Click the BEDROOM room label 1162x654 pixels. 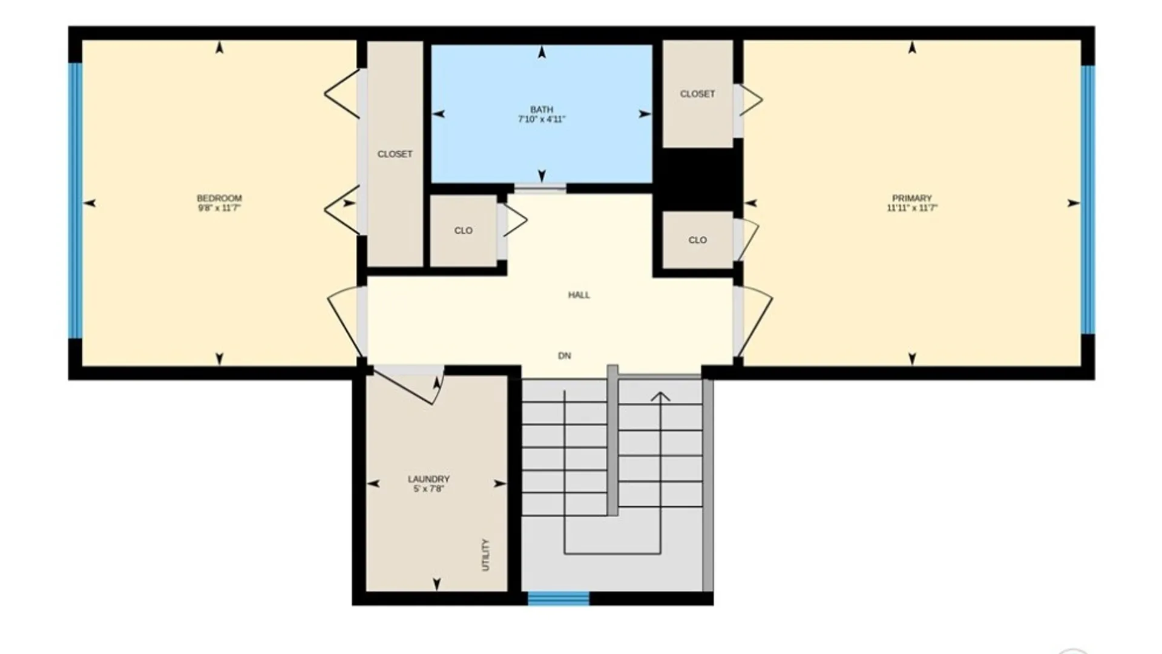pyautogui.click(x=219, y=198)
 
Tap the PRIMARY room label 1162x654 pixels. pyautogui.click(x=912, y=198)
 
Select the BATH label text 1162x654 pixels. pyautogui.click(x=542, y=110)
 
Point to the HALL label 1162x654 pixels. pyautogui.click(x=579, y=295)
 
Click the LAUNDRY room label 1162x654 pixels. pyautogui.click(x=428, y=479)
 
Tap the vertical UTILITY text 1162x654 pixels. pyautogui.click(x=485, y=555)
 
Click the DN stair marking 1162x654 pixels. pyautogui.click(x=564, y=355)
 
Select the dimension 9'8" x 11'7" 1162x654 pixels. pyautogui.click(x=219, y=208)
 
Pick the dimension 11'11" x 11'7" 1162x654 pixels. pyautogui.click(x=912, y=208)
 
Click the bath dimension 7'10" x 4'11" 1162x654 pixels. pyautogui.click(x=542, y=119)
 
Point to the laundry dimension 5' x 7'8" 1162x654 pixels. pyautogui.click(x=428, y=489)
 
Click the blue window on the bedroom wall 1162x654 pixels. pyautogui.click(x=75, y=200)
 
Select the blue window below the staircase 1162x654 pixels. pyautogui.click(x=559, y=598)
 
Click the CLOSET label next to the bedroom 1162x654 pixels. pyautogui.click(x=395, y=154)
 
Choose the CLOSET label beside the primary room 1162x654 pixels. pyautogui.click(x=697, y=94)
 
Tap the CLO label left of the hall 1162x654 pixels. pyautogui.click(x=464, y=231)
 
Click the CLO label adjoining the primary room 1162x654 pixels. pyautogui.click(x=697, y=240)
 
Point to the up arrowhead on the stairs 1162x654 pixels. pyautogui.click(x=660, y=397)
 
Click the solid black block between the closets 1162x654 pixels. pyautogui.click(x=698, y=179)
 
